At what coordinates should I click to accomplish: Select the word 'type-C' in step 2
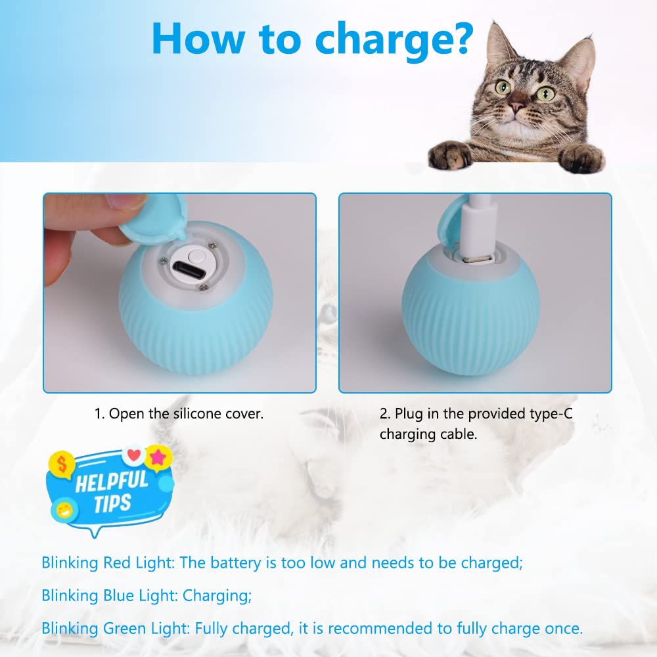click(x=553, y=414)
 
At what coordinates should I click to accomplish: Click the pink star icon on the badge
click(x=157, y=457)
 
